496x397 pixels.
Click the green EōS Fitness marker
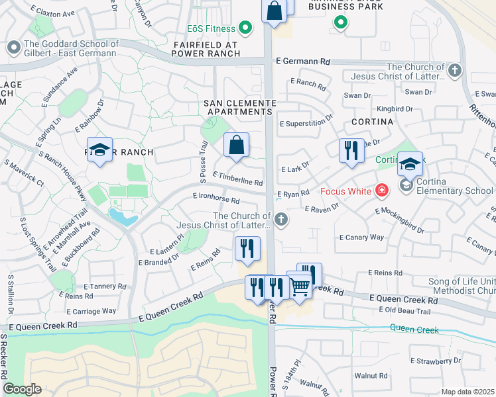[245, 28]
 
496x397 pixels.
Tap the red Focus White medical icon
[381, 192]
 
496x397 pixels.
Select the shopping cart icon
[300, 286]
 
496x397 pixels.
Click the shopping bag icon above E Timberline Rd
[236, 145]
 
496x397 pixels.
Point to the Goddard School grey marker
[13, 48]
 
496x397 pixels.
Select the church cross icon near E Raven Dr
[282, 219]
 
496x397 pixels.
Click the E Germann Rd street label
[306, 61]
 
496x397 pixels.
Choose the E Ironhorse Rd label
[216, 197]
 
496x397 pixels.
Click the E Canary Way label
[361, 237]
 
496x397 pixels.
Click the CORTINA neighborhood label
[372, 122]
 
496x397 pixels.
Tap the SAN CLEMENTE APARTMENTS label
[239, 107]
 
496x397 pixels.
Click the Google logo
[22, 389]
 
